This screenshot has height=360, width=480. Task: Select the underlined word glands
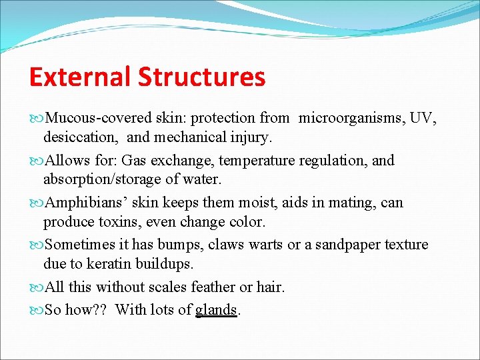click(x=217, y=310)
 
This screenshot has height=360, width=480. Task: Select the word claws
click(x=227, y=245)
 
